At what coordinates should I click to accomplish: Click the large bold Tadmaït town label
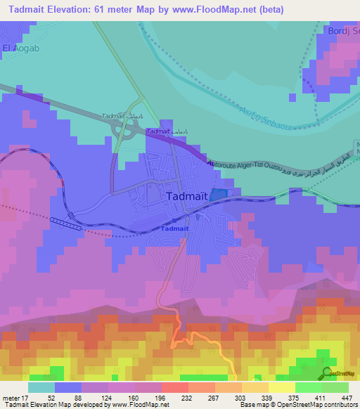click(186, 197)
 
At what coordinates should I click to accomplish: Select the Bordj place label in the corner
click(343, 31)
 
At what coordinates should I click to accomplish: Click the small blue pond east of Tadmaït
click(219, 194)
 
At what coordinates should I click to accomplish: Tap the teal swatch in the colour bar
click(41, 388)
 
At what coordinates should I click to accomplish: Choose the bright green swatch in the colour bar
click(308, 388)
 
